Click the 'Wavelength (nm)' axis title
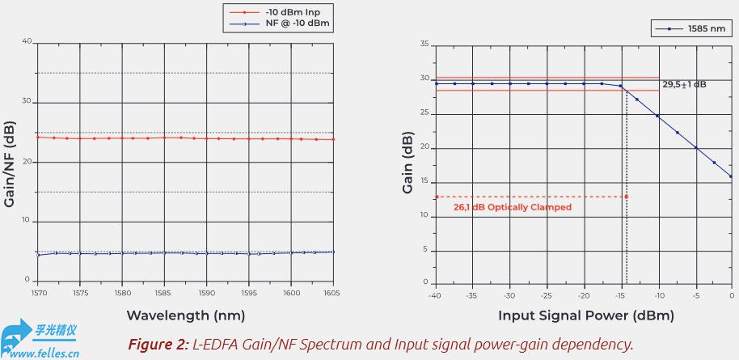(x=186, y=315)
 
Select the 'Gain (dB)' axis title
(x=408, y=163)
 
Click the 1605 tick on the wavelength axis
(x=331, y=293)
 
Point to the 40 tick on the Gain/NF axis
(x=27, y=41)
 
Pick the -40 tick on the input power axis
(x=436, y=295)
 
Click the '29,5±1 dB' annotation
(x=684, y=85)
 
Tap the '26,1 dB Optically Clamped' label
(x=513, y=207)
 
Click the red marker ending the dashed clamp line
(x=626, y=197)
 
